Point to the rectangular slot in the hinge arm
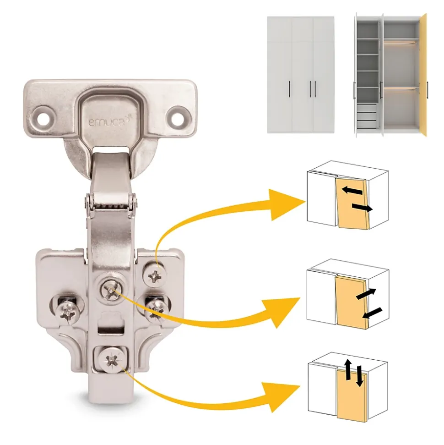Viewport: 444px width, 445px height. [x=111, y=330]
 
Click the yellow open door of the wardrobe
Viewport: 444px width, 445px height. [x=423, y=75]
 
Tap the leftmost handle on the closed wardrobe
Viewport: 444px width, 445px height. [x=289, y=89]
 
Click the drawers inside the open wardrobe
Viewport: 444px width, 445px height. [x=367, y=116]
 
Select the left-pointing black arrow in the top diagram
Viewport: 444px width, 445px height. [x=352, y=191]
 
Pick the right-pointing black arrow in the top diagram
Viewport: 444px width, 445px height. [x=362, y=208]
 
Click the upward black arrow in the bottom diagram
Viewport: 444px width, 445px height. [x=348, y=370]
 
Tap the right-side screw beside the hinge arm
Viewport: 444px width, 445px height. [x=156, y=308]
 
